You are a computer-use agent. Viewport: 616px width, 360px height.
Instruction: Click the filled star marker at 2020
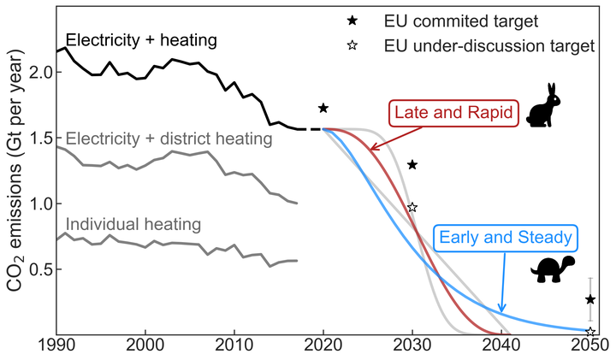click(323, 108)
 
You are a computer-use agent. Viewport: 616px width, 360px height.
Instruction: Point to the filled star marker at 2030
click(412, 164)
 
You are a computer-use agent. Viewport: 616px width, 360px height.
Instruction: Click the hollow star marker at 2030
click(412, 207)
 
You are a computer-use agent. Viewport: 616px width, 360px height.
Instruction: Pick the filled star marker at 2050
click(590, 299)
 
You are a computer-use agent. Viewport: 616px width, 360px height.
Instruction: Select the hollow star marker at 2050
click(590, 331)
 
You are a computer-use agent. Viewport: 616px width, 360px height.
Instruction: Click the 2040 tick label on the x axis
click(500, 348)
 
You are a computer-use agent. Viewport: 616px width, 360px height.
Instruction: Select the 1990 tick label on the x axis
click(56, 348)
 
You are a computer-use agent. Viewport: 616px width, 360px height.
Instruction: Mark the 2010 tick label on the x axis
click(234, 348)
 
